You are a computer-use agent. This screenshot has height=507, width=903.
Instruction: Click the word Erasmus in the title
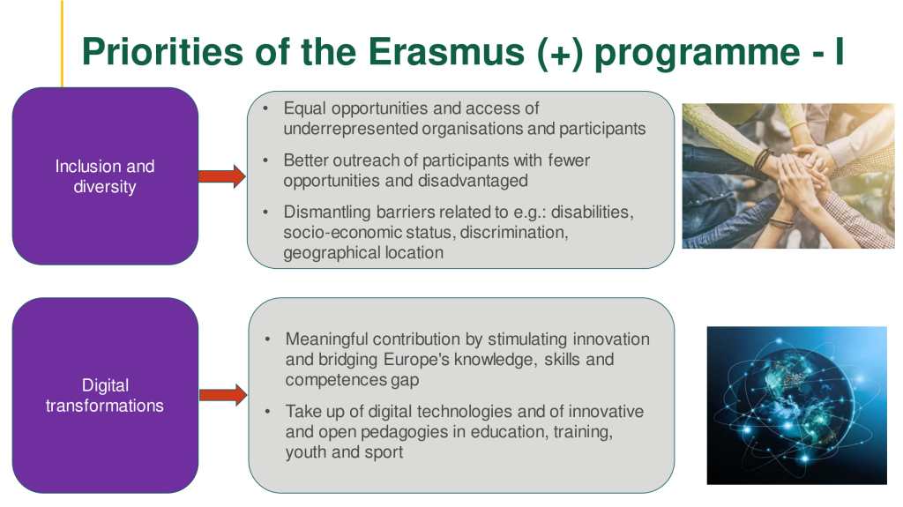pyautogui.click(x=447, y=51)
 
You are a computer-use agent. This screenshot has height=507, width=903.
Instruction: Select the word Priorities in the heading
pyautogui.click(x=163, y=51)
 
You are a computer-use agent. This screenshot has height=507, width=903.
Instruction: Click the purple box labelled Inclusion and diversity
pyautogui.click(x=106, y=176)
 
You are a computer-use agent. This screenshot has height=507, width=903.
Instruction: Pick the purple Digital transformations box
pyautogui.click(x=106, y=395)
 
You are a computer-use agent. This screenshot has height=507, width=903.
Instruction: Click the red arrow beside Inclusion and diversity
pyautogui.click(x=222, y=176)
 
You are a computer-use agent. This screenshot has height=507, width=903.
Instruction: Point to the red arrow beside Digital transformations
pyautogui.click(x=223, y=395)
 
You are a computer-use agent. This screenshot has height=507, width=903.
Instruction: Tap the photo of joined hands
pyautogui.click(x=788, y=175)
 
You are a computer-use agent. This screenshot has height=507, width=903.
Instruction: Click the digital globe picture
pyautogui.click(x=797, y=406)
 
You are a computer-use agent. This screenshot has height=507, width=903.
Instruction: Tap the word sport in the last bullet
pyautogui.click(x=384, y=452)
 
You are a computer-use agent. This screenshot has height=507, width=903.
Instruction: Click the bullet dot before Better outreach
pyautogui.click(x=265, y=160)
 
